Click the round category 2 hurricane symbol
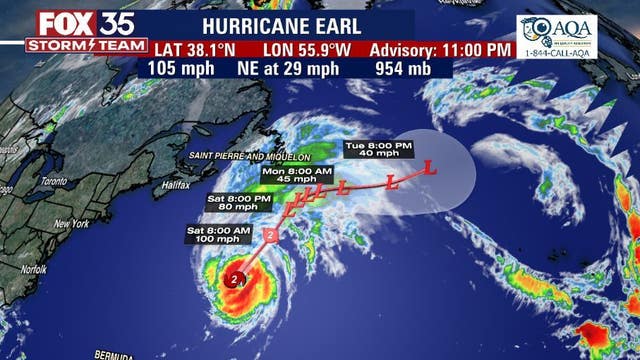coord(235,280)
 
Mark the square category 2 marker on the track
coord(271,236)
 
